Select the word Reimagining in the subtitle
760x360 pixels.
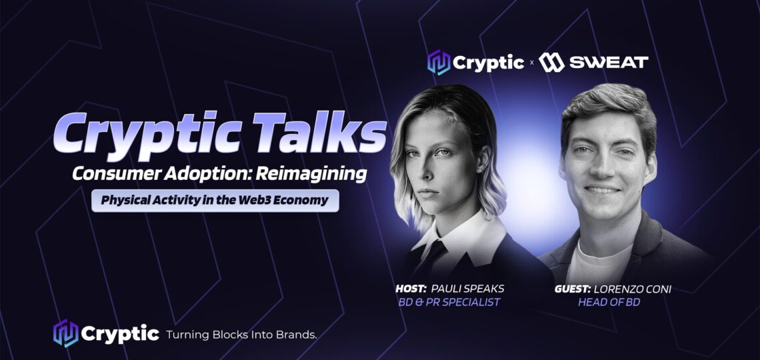tap(311, 175)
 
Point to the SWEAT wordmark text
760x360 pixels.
tap(608, 63)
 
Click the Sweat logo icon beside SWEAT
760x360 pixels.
tap(551, 63)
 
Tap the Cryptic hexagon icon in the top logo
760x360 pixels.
tap(439, 63)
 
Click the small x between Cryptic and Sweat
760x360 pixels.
tap(531, 63)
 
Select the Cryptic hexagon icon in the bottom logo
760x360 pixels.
tap(65, 333)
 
